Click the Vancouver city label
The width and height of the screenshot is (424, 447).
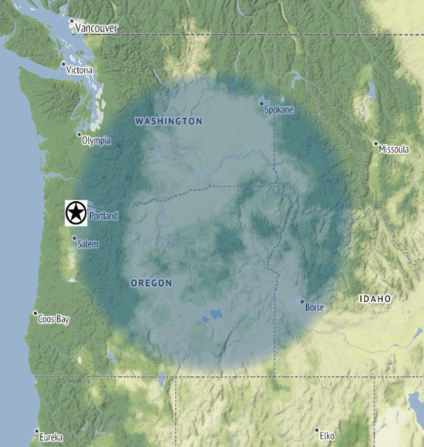coord(96,29)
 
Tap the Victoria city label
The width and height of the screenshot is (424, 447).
coord(80,70)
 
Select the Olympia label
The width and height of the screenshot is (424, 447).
coord(97,140)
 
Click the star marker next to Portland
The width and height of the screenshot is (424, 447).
coord(76,213)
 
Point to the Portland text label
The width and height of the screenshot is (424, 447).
coord(104,217)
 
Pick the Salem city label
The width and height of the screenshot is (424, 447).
coord(89,244)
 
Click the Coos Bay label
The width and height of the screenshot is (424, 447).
coord(55,319)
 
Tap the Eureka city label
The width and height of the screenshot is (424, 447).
coord(52,437)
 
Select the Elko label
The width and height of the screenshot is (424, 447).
coord(327,435)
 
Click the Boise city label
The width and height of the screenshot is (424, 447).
coord(315,308)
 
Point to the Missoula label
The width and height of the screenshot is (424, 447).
coord(394,149)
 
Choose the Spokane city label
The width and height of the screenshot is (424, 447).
coord(279,110)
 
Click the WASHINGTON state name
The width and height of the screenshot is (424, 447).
coord(168,121)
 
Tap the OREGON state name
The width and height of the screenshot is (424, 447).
coord(151,284)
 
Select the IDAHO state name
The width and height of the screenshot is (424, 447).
coord(375,298)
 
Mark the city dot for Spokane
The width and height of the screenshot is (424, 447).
coord(261,102)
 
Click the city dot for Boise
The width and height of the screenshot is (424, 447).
coord(302,301)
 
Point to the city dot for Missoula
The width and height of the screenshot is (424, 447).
coord(375,143)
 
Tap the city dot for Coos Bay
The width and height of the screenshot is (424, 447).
coord(35,314)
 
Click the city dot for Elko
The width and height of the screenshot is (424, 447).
coord(316,430)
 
